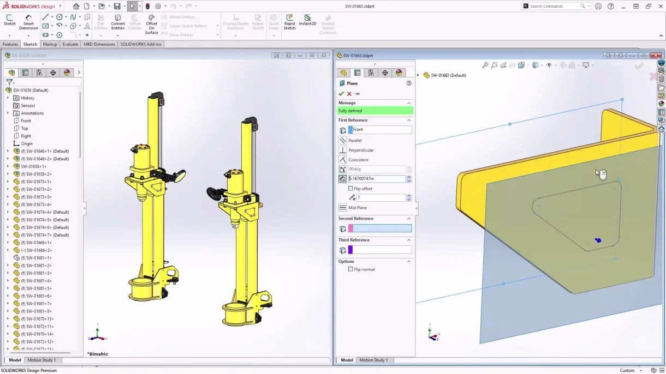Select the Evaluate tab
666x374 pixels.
[x=70, y=44]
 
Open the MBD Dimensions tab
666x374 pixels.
[x=99, y=44]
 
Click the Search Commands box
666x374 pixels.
[x=554, y=6]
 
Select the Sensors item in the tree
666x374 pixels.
[x=28, y=105]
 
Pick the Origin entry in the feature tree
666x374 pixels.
[x=27, y=143]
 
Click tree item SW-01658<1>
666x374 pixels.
[x=33, y=166]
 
